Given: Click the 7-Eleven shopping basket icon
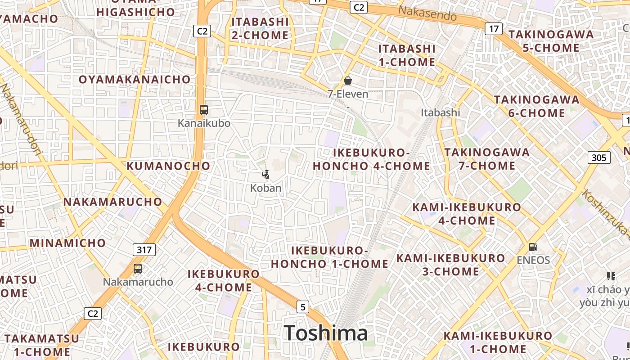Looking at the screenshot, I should click(x=347, y=81).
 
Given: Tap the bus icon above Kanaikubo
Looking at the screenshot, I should click(x=204, y=110).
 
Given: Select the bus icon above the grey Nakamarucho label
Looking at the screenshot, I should click(x=138, y=269).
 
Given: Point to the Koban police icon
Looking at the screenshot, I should click(x=266, y=175).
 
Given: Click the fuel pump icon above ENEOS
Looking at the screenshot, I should click(x=533, y=247).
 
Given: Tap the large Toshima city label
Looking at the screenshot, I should click(x=326, y=333).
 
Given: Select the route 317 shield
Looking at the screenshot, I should click(x=144, y=250).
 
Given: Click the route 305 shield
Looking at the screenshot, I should click(x=599, y=157).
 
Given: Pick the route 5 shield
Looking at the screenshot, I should click(x=303, y=307).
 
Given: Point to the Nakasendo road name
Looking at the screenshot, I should click(x=428, y=14).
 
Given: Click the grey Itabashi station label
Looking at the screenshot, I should click(x=441, y=112).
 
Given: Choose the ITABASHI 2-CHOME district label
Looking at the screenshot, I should click(x=260, y=28).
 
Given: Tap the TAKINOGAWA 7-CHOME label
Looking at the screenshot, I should click(x=487, y=159).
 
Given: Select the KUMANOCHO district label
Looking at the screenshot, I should click(x=168, y=166).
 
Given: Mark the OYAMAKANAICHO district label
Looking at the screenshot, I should click(x=135, y=80).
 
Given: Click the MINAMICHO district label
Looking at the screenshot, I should click(x=67, y=243).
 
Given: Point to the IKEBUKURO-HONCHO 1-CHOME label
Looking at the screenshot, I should click(x=329, y=257).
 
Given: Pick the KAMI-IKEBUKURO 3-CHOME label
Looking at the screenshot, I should click(x=450, y=265).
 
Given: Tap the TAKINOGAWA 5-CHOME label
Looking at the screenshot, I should click(x=551, y=41).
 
